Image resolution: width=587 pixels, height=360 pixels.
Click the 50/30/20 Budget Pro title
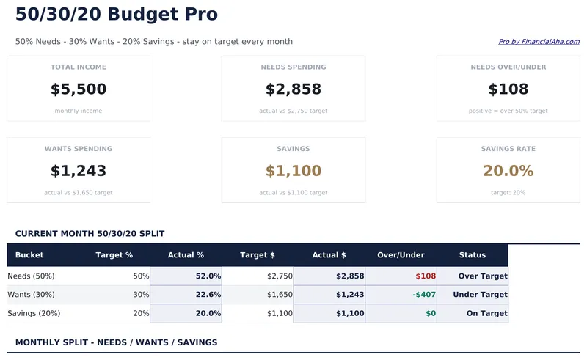coord(117,14)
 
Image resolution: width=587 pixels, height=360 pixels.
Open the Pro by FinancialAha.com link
coord(539,42)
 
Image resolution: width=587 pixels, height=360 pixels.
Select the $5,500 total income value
coord(79,89)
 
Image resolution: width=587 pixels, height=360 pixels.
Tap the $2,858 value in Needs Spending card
coord(293,89)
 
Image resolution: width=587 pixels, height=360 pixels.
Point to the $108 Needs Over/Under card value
coord(508,89)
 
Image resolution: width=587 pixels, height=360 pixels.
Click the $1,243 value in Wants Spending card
coord(79,171)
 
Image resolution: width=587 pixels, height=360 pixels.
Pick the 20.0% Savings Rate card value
coord(508,171)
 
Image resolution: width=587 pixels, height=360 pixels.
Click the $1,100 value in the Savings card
coord(293,171)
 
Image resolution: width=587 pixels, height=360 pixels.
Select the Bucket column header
coord(29,255)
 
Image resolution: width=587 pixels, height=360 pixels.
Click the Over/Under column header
coord(401,255)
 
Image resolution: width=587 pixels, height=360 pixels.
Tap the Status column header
coord(473,255)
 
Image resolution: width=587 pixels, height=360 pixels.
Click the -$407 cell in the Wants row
coord(424,295)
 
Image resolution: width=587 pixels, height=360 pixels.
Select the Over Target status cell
coord(483,276)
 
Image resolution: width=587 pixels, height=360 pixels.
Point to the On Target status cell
coord(486,313)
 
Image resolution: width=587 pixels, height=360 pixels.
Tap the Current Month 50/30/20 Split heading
coord(90,234)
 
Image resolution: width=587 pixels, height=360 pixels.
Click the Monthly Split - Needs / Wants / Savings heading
coord(116,342)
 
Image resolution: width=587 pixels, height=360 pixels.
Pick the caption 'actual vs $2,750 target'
coord(293,111)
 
